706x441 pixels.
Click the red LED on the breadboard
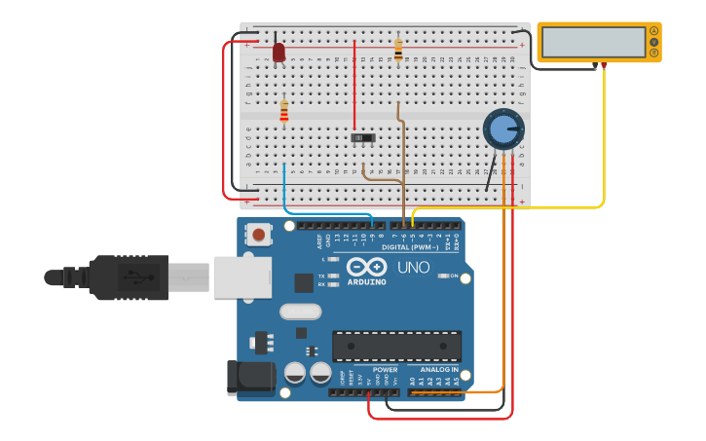279,52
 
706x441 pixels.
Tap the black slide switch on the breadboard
364,138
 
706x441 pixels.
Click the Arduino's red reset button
258,234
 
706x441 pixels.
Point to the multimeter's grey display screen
593,42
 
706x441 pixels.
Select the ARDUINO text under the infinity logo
367,282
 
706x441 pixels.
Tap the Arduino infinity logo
367,266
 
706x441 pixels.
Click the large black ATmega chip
396,346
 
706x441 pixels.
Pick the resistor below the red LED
284,112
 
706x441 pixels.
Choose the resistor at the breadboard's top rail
398,49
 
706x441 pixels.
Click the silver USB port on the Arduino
242,276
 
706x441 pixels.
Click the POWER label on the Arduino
385,370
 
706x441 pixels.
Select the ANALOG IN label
438,370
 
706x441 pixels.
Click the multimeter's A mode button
653,31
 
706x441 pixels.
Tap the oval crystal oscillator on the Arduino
300,312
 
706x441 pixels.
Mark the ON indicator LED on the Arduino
443,276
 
